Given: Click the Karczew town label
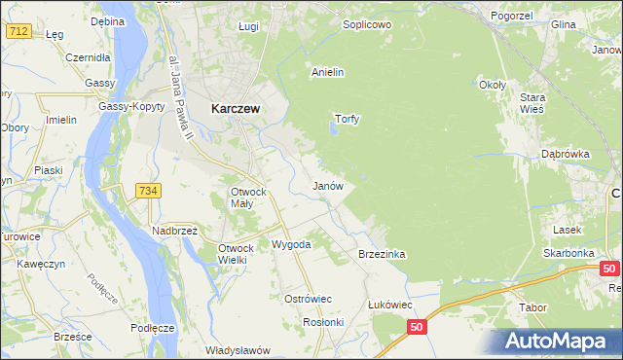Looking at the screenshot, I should point(235,110).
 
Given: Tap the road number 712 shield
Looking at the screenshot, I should point(18,31).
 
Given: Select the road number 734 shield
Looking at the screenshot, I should point(148,192).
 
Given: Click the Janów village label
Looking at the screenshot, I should point(327,185).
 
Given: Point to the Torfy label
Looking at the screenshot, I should point(348,120).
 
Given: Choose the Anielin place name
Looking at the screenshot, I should point(328,72).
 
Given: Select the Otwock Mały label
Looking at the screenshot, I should point(248,198).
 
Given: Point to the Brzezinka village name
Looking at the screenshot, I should point(382,254).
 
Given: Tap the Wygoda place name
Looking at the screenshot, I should point(291,244).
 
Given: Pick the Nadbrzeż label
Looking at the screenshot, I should point(174,231).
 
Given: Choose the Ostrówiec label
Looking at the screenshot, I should point(309,298).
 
